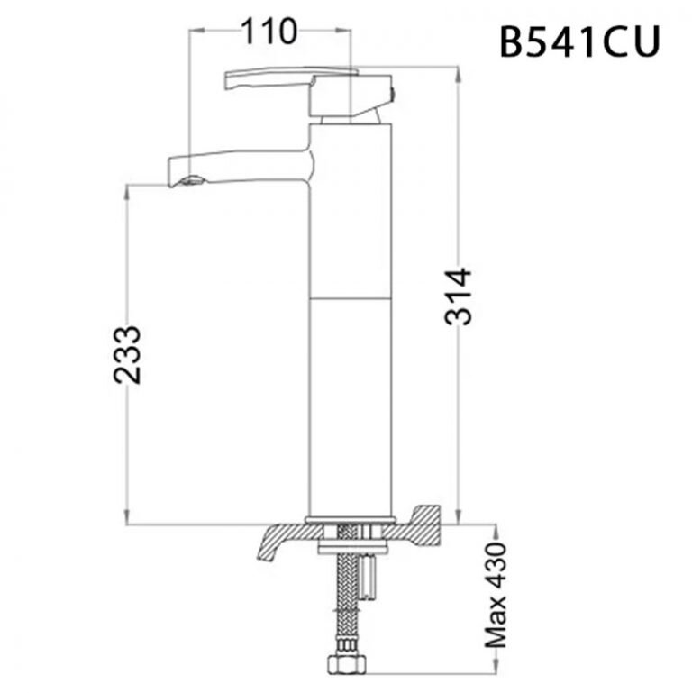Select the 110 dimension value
[x=268, y=32]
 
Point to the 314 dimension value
[x=460, y=296]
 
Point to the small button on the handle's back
[x=392, y=93]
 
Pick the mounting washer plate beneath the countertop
[x=351, y=544]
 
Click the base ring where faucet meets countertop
[x=351, y=519]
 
